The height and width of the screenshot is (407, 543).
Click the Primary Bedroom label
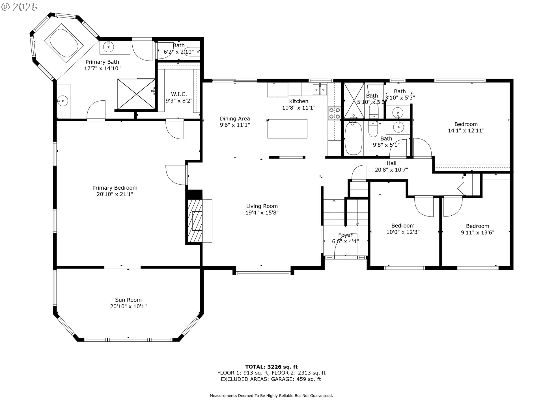(115, 188)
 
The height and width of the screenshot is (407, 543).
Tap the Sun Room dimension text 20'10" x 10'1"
(128, 306)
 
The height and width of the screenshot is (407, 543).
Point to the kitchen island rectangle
(287, 129)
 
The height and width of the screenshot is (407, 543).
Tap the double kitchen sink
(320, 90)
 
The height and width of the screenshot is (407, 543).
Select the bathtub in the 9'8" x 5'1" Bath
(353, 138)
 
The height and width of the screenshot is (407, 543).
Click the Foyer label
(345, 235)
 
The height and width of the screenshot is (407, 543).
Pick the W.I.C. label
(179, 94)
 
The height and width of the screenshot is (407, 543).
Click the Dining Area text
(235, 119)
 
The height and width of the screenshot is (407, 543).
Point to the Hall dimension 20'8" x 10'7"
(391, 170)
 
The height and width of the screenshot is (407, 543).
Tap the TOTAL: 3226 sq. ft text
(271, 367)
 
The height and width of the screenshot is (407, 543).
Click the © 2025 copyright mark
(19, 7)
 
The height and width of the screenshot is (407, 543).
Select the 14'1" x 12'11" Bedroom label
(466, 124)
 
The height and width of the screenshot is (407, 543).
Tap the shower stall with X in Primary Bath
(136, 94)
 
